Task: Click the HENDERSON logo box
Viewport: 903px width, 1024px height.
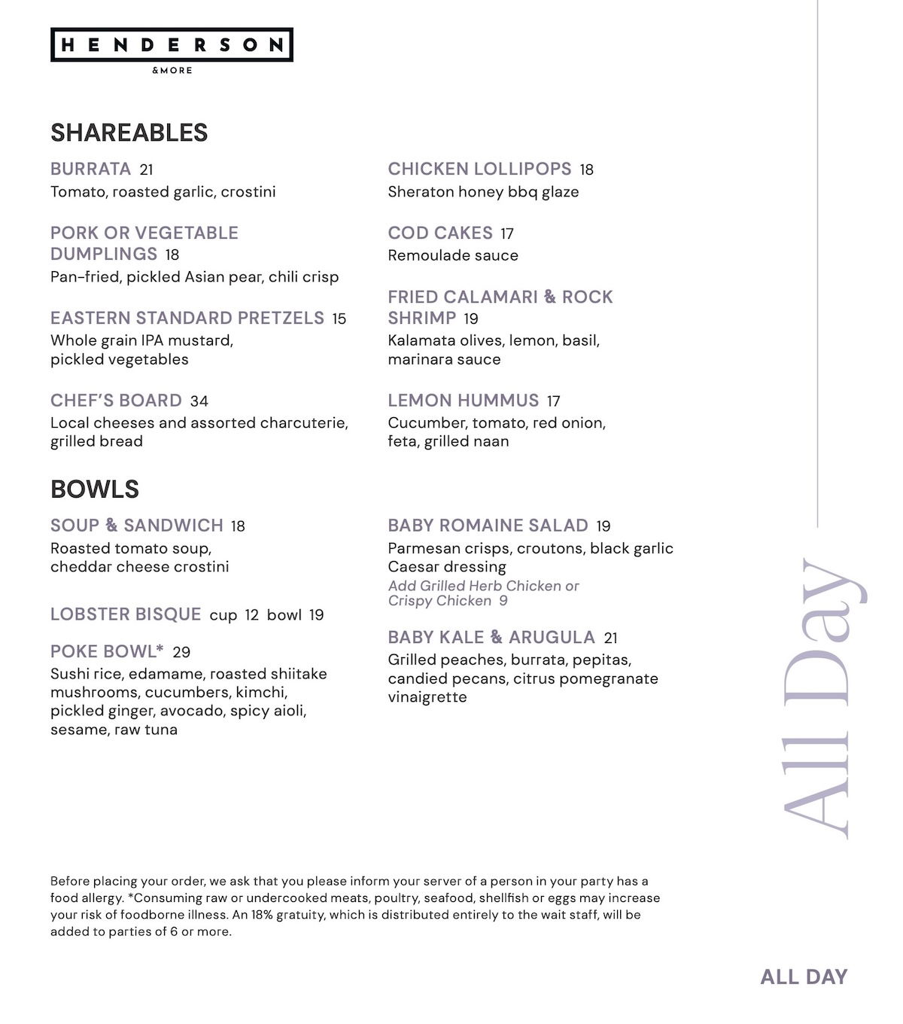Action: coord(172,45)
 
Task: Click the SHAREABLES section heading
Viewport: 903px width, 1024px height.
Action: coord(129,133)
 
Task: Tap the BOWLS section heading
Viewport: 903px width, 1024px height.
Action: coord(95,489)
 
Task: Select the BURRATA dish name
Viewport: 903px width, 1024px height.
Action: coord(90,169)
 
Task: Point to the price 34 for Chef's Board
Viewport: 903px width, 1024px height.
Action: coord(199,401)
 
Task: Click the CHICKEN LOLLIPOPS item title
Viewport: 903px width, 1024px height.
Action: coord(479,169)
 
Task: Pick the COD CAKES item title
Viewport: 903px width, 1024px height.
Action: coord(440,233)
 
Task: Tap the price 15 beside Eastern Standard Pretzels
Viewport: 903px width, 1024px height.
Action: coord(339,319)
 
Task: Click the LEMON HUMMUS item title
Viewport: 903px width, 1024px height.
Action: coord(464,401)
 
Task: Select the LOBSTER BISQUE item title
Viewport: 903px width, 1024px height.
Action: coord(126,614)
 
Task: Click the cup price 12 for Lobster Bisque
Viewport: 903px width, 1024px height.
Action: coord(251,615)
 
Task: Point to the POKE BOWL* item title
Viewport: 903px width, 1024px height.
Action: coord(107,651)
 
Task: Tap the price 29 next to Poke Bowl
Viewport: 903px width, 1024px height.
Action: coord(181,652)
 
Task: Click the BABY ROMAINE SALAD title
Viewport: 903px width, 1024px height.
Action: coord(488,526)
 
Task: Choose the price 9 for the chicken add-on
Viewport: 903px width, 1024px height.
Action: coord(503,601)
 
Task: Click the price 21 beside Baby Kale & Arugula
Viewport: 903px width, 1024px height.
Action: coord(611,638)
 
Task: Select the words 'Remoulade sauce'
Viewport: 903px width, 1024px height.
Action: coord(453,255)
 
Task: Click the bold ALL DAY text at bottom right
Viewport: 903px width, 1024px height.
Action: coord(804,977)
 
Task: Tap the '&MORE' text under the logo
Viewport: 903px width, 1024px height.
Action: coord(172,71)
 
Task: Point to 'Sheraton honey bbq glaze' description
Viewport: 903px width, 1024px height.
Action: coord(483,192)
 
